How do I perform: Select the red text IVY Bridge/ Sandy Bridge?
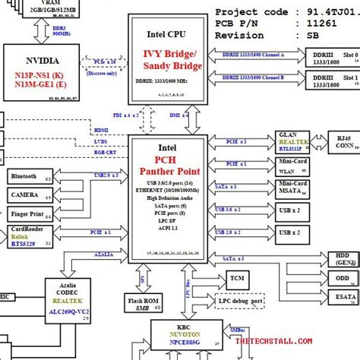click(168, 59)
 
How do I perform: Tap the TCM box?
click(237, 279)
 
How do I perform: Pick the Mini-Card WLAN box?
click(293, 166)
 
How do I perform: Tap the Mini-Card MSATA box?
click(293, 188)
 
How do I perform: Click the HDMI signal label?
click(101, 130)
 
